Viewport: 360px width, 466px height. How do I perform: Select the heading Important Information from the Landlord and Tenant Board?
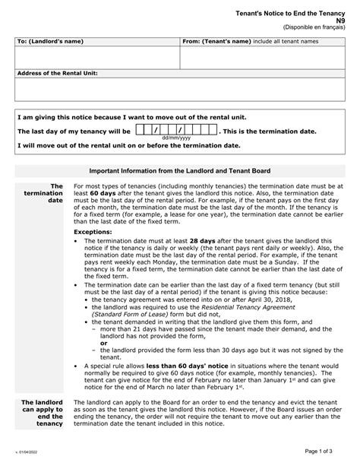tap(179, 171)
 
